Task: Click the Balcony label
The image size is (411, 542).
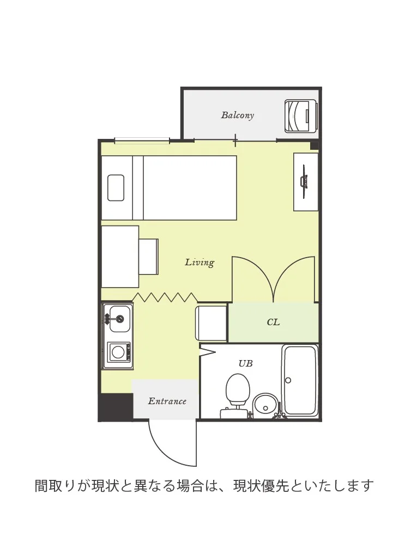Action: [237, 115]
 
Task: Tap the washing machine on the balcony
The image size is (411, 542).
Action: [300, 116]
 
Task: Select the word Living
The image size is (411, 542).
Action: [200, 263]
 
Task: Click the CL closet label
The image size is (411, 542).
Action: [273, 322]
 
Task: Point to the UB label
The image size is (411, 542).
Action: [245, 363]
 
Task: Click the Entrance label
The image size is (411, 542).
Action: [167, 401]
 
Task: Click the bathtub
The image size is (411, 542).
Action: [300, 380]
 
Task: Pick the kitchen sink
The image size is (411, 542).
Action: [118, 319]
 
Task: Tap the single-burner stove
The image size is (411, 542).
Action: [118, 352]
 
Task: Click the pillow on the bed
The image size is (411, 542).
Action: [116, 188]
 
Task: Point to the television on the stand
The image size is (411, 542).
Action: [304, 181]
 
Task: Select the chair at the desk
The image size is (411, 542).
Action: [148, 257]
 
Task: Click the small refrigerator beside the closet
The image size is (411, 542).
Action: [211, 323]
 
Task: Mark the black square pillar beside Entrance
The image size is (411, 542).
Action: [116, 407]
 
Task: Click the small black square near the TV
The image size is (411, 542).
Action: [314, 145]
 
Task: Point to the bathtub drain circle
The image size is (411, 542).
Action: [288, 380]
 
